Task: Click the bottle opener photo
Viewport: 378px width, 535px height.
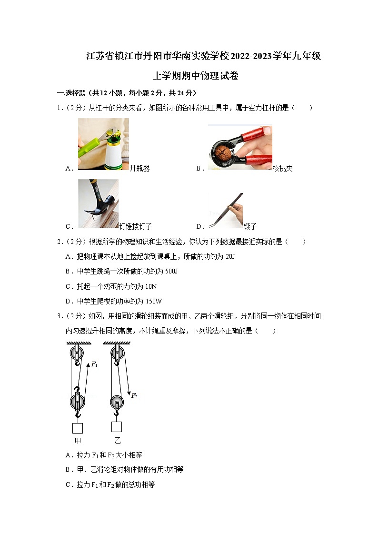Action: pos(103,144)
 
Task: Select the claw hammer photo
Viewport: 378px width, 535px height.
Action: pos(98,203)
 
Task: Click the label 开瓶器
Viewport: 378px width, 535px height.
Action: pos(139,168)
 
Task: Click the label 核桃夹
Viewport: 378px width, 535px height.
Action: pos(282,168)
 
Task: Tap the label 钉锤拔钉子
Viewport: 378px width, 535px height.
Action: pos(136,226)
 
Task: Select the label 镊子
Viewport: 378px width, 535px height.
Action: pos(250,226)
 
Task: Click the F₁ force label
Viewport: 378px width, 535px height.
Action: pos(94,364)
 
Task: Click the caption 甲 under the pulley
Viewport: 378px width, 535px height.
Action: pos(77,440)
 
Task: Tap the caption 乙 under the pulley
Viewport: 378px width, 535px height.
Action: pos(117,440)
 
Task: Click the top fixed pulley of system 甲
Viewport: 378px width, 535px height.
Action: pos(76,354)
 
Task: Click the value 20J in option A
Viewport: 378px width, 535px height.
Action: pos(229,256)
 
